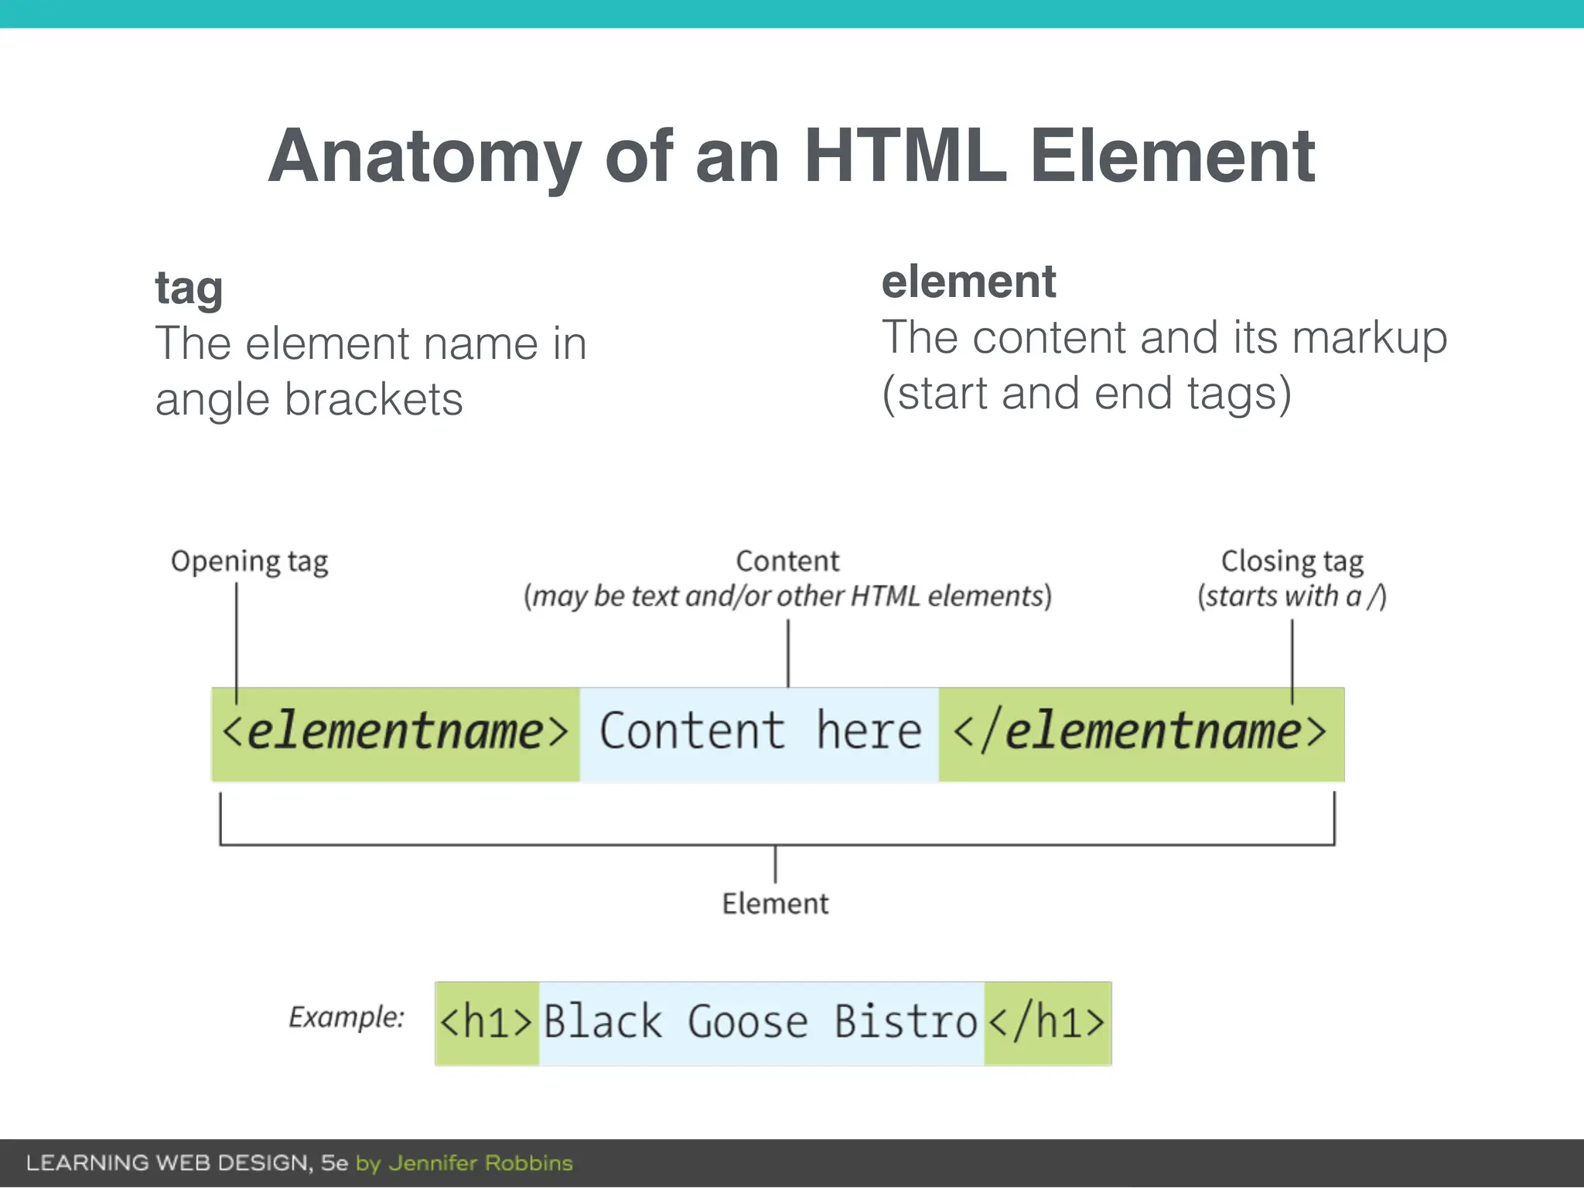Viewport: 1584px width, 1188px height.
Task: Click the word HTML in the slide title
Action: [x=905, y=156]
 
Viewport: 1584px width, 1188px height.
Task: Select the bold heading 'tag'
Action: [x=189, y=289]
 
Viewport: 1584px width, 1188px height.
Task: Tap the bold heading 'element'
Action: [x=968, y=282]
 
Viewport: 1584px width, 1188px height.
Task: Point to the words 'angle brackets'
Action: [x=309, y=400]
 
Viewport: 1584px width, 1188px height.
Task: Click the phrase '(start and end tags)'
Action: [x=1087, y=394]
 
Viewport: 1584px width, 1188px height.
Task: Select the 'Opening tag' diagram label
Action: [x=249, y=562]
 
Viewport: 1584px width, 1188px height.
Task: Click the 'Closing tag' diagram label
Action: [x=1292, y=562]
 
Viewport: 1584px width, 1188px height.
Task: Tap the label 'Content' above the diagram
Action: [x=787, y=562]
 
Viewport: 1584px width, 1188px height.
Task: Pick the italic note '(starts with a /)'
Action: [x=1292, y=596]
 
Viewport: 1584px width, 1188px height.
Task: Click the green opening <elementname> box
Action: [x=395, y=733]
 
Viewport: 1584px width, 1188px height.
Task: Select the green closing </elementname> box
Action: [x=1141, y=733]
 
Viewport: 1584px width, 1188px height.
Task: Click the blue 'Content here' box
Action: [x=760, y=733]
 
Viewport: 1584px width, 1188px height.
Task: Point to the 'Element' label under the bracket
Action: [x=775, y=903]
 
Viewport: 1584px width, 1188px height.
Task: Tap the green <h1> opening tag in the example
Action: [x=486, y=1023]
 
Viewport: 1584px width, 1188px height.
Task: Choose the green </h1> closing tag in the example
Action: [x=1047, y=1023]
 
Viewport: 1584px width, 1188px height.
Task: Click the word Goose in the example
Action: [x=747, y=1023]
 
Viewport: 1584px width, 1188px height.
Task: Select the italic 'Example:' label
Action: [x=346, y=1017]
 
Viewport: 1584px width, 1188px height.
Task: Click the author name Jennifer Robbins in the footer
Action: [x=480, y=1163]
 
